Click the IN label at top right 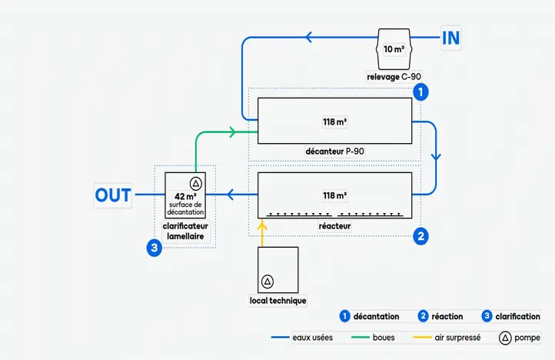coord(451,38)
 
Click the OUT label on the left coord(113,195)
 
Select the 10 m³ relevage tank coord(394,49)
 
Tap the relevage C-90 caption coord(394,76)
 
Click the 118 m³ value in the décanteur coord(334,121)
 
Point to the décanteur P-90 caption coord(334,151)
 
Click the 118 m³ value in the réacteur coord(334,195)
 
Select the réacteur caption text coord(334,226)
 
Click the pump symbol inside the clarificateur coord(195,183)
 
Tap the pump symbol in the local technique coord(267,282)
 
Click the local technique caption coord(278,300)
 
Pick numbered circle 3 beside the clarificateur coord(155,248)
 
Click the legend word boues coord(384,338)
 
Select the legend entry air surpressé coord(457,338)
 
